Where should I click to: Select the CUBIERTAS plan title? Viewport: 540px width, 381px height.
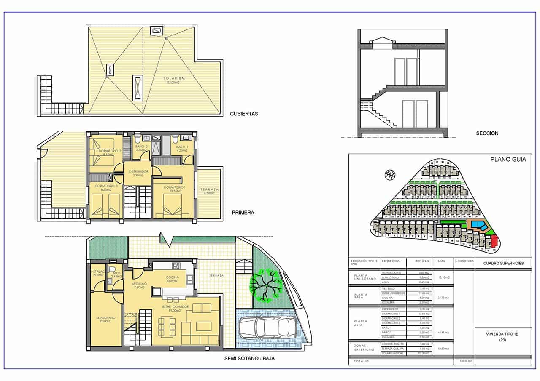pos(244,114)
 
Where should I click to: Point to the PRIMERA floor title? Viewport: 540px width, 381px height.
pos(243,213)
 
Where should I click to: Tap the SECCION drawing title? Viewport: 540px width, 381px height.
pos(487,133)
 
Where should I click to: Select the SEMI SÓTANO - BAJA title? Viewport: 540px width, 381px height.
pos(250,359)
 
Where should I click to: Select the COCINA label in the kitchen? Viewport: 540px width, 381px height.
pos(172,277)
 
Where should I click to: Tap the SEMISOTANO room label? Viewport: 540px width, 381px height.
pos(103,318)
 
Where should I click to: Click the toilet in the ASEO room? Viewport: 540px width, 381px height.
pos(112,269)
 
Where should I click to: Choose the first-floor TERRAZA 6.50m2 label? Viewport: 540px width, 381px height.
pos(210,192)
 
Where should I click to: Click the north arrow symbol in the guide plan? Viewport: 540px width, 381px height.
pos(390,174)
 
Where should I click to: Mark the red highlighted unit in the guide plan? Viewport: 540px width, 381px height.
pos(495,242)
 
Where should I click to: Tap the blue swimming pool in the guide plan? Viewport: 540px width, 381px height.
pos(478,225)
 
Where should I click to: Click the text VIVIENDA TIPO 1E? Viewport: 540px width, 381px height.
pos(502,333)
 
